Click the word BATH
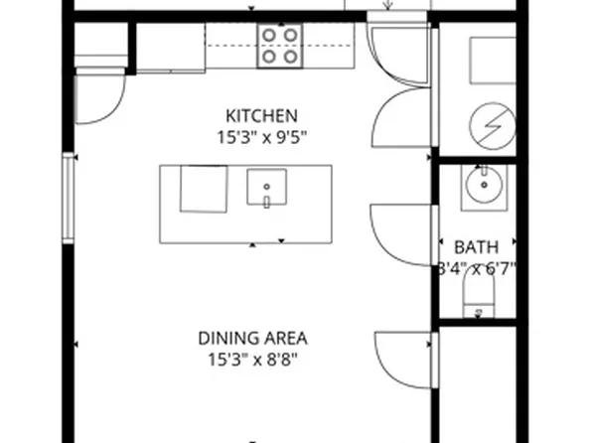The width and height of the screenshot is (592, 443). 477,246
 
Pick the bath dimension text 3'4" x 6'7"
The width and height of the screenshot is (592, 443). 477,267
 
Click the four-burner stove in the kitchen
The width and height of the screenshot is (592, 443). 279,46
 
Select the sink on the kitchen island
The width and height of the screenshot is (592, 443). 266,187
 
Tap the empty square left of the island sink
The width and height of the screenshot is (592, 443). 203,189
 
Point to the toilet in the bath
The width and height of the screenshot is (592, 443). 480,298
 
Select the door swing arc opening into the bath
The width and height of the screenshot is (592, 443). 402,234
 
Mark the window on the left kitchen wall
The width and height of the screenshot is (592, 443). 69,199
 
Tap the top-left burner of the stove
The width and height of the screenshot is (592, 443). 268,36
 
